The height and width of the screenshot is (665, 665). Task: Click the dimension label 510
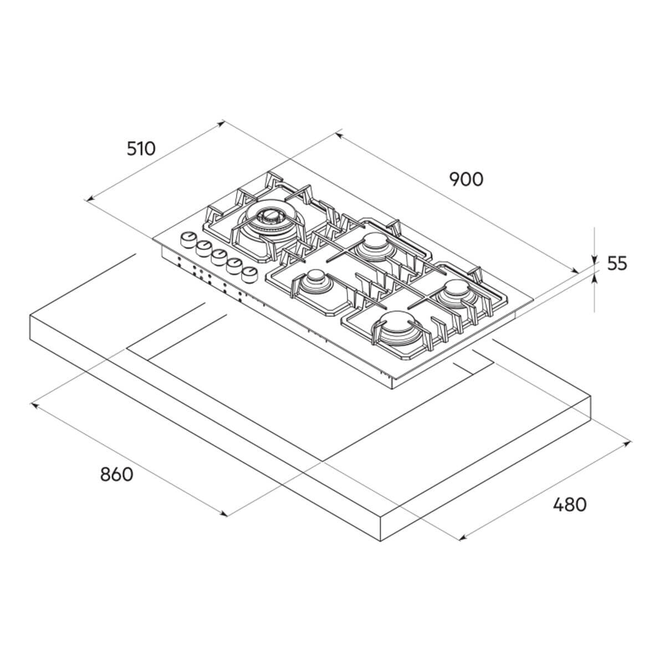141,149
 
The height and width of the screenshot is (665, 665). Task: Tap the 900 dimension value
466,180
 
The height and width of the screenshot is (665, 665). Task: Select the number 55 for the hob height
617,264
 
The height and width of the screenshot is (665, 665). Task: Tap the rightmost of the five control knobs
249,275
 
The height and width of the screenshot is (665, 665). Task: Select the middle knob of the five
219,257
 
